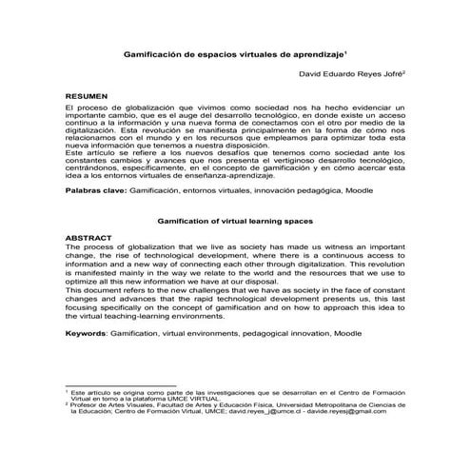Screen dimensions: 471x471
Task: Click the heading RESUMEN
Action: [87, 98]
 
